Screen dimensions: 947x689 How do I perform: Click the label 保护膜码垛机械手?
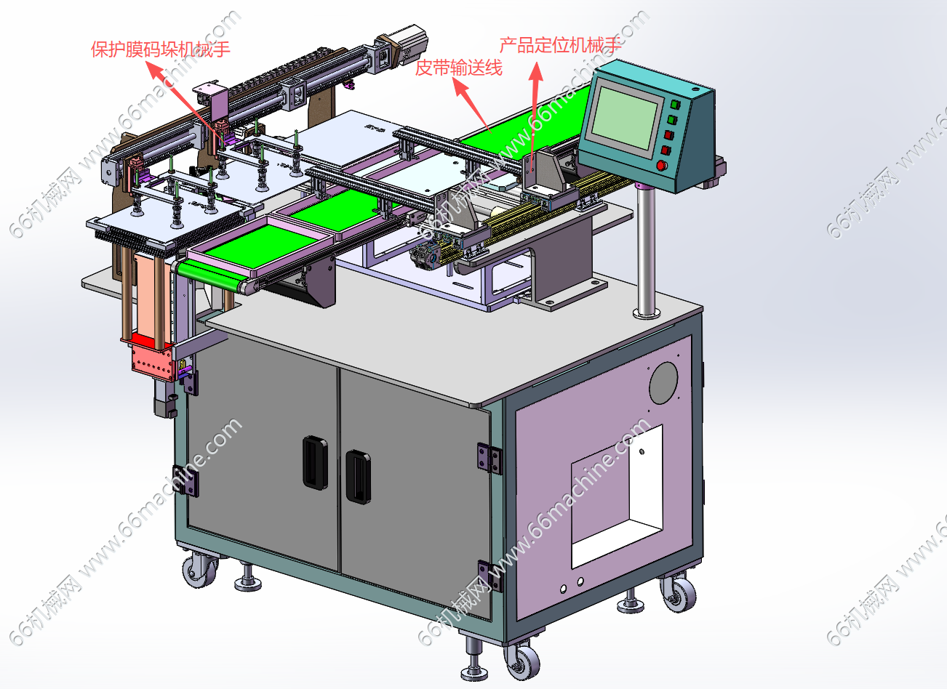click(160, 49)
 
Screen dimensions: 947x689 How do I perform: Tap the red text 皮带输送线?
click(459, 68)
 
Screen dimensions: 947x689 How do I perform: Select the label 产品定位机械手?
click(560, 45)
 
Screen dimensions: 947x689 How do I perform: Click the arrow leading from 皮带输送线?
click(472, 105)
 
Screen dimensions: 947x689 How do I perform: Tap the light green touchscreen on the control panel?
click(624, 118)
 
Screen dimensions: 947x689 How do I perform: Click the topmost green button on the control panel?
click(675, 103)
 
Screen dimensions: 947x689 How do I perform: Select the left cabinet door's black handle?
click(316, 462)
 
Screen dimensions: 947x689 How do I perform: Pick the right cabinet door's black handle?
click(359, 477)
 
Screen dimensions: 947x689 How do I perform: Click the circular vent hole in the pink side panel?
click(663, 383)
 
